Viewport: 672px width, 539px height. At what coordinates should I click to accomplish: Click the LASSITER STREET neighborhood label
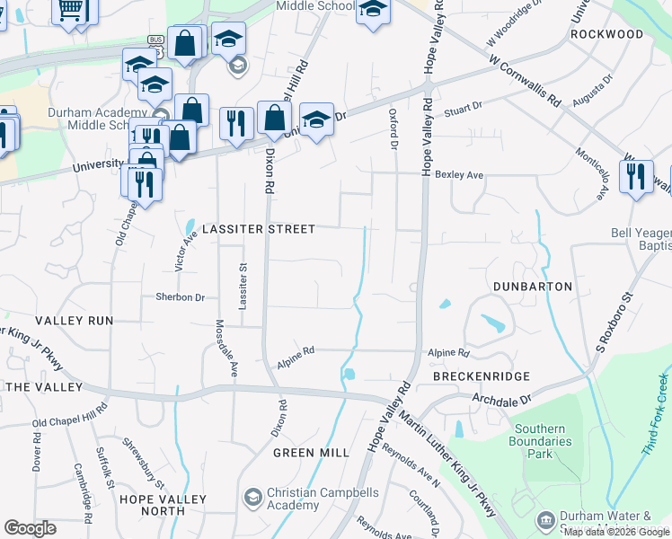[x=259, y=229]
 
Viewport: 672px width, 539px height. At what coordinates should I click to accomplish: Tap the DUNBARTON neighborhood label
[x=533, y=286]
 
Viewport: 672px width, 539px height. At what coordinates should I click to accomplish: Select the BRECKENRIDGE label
[x=482, y=376]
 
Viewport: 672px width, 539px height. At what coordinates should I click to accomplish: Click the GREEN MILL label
[x=311, y=453]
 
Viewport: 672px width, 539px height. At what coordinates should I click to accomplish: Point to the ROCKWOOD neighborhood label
[x=606, y=34]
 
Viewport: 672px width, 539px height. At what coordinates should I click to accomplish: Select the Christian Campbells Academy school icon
[x=252, y=497]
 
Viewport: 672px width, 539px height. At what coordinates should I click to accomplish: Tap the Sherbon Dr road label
[x=181, y=296]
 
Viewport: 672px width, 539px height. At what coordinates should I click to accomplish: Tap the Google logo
[x=30, y=528]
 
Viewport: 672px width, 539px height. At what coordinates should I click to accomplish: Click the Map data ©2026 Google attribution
[x=616, y=532]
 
